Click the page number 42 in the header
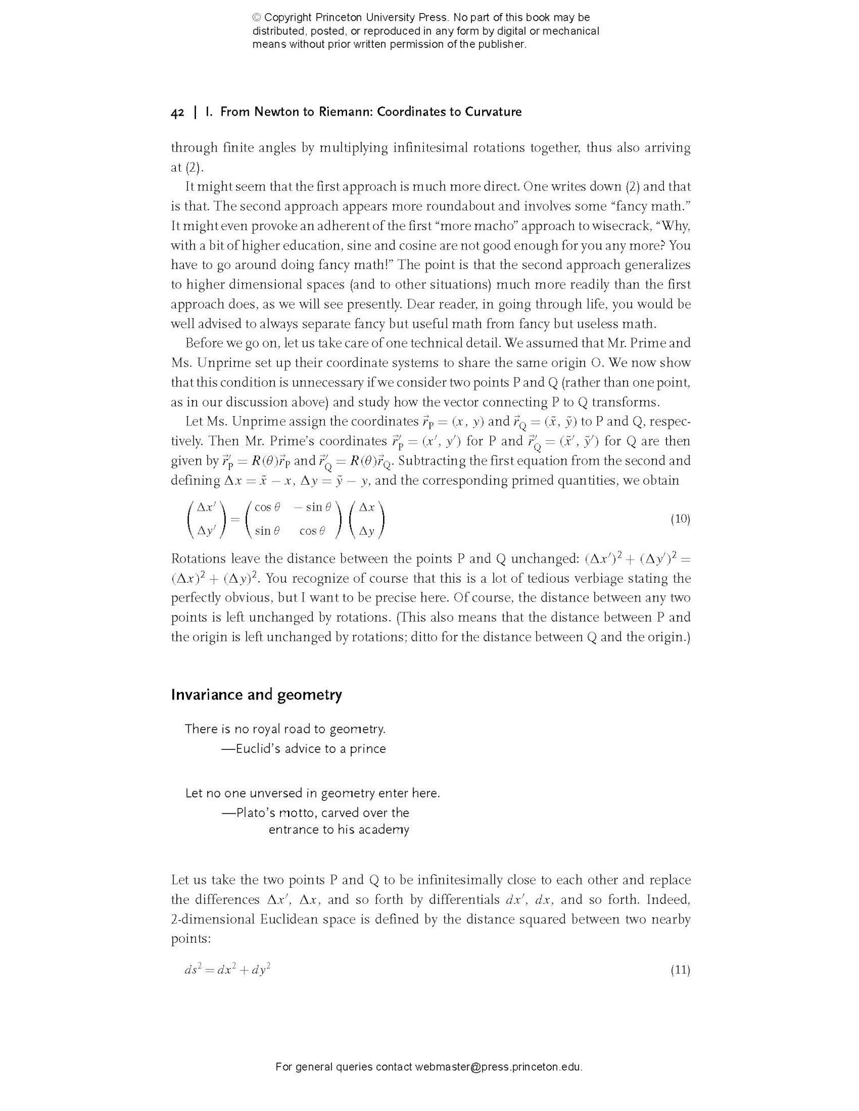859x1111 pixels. coord(177,112)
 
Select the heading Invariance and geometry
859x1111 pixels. coord(256,694)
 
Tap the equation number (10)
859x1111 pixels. coord(680,519)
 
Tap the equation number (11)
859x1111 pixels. coord(680,970)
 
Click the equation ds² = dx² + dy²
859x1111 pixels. coord(227,970)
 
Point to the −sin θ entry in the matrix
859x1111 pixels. coord(313,507)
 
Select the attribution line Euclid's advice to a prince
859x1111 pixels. coord(304,749)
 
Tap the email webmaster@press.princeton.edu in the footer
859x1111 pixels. coord(498,1066)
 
